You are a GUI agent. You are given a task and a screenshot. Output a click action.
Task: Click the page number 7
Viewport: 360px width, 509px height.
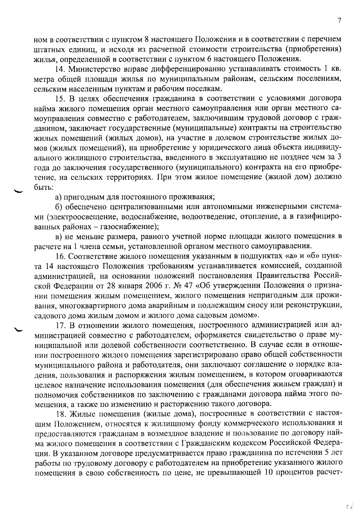(x=339, y=21)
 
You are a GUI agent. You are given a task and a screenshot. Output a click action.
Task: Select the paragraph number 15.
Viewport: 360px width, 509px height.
(x=61, y=99)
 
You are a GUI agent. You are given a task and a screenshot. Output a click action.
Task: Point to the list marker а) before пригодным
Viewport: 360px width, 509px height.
(x=58, y=197)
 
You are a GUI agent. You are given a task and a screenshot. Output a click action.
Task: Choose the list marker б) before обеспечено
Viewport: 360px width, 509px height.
(x=59, y=207)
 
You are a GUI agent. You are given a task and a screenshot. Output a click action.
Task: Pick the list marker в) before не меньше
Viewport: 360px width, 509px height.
(x=58, y=237)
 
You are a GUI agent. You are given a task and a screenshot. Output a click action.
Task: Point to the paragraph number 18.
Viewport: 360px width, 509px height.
(x=61, y=414)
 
